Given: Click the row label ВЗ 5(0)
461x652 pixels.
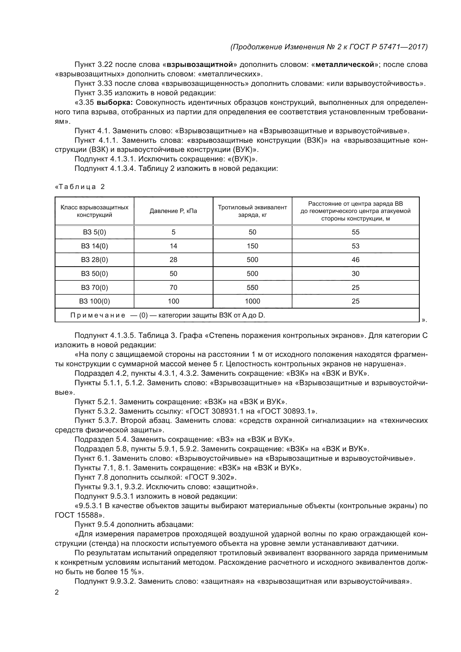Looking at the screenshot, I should pyautogui.click(x=94, y=232).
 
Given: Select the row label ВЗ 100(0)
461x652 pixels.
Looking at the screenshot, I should pyautogui.click(x=94, y=301).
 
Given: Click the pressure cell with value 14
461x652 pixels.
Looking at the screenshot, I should pyautogui.click(x=173, y=246).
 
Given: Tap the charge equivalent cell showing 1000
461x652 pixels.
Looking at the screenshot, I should pyautogui.click(x=252, y=301).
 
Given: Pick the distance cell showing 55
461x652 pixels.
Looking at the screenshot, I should pyautogui.click(x=355, y=232).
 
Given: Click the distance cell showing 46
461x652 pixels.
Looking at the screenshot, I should pyautogui.click(x=355, y=260).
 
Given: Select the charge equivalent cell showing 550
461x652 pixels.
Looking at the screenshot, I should pyautogui.click(x=252, y=287).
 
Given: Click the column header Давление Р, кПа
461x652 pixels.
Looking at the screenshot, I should pyautogui.click(x=173, y=211).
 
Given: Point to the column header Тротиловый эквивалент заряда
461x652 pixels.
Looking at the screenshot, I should pyautogui.click(x=252, y=211).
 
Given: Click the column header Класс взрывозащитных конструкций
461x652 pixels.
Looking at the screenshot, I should pyautogui.click(x=94, y=211).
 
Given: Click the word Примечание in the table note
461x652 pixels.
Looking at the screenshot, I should pyautogui.click(x=98, y=315).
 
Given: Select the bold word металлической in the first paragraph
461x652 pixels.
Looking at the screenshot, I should pyautogui.click(x=344, y=65).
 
